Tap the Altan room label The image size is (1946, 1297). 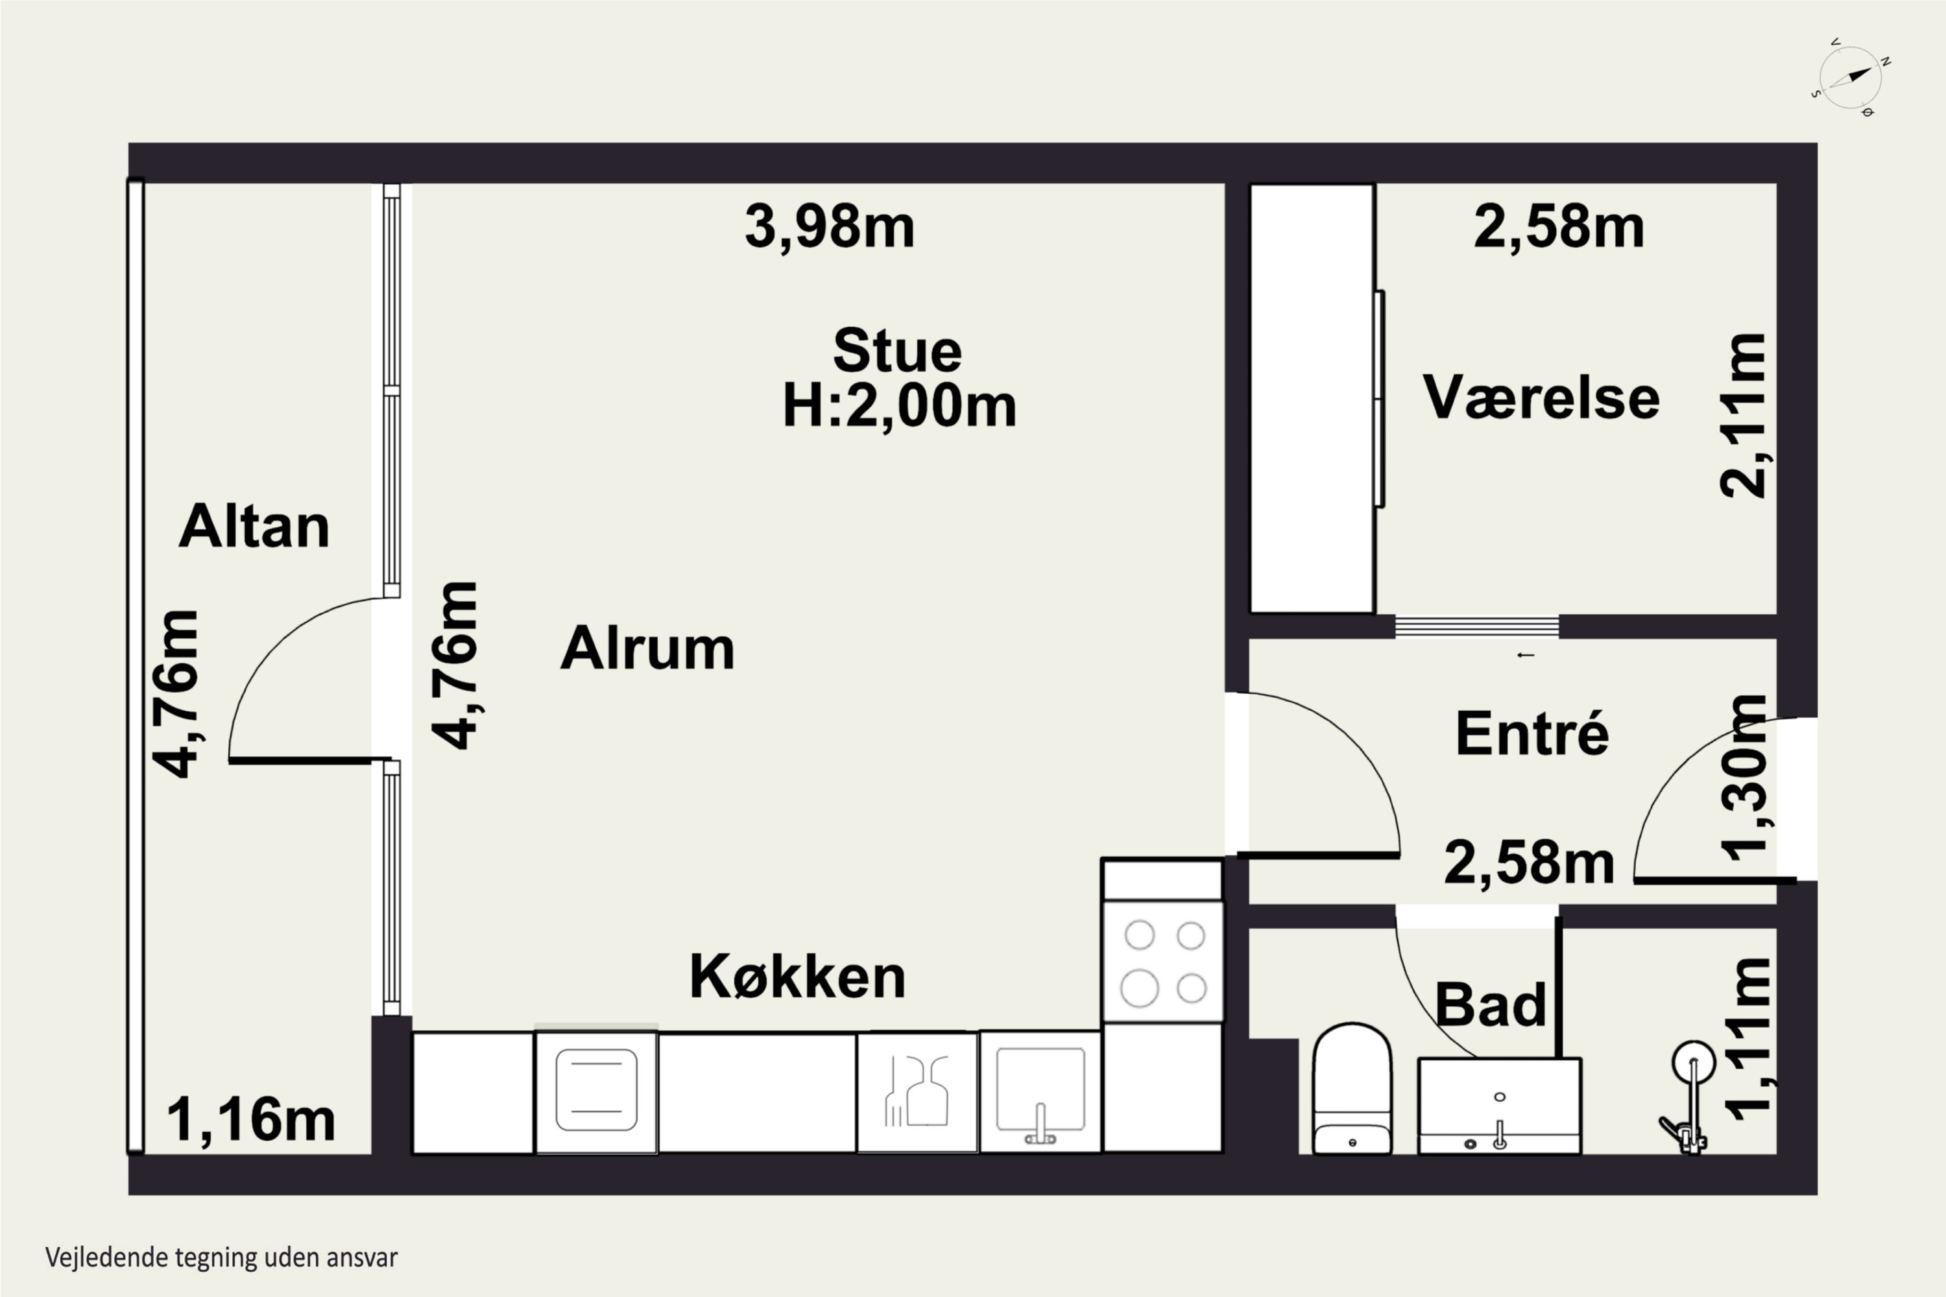click(x=254, y=526)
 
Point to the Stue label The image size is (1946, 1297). click(x=898, y=351)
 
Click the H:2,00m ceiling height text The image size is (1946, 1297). click(x=899, y=405)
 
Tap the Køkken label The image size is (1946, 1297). click(x=798, y=976)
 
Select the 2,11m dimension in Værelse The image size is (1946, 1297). click(x=1744, y=415)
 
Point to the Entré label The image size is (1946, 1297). click(x=1532, y=733)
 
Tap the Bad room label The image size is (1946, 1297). click(x=1490, y=1005)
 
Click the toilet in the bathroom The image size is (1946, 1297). click(x=1352, y=1089)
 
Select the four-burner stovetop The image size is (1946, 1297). click(x=1163, y=962)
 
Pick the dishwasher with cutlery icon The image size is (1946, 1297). click(x=917, y=1092)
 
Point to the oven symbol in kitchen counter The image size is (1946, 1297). click(x=597, y=1090)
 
